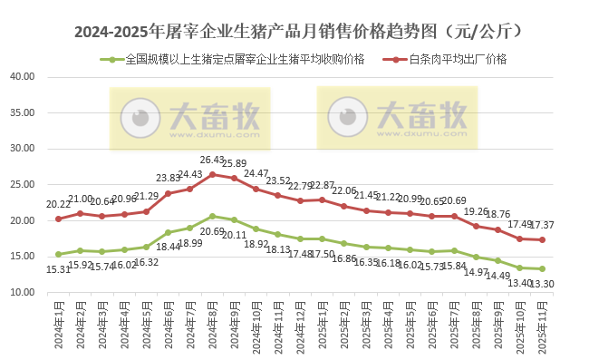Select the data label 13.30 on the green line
point(543,283)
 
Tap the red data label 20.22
point(58,204)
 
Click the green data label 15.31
point(58,269)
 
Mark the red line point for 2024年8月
point(212,174)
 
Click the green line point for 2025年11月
point(542,268)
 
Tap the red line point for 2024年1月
point(58,219)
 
